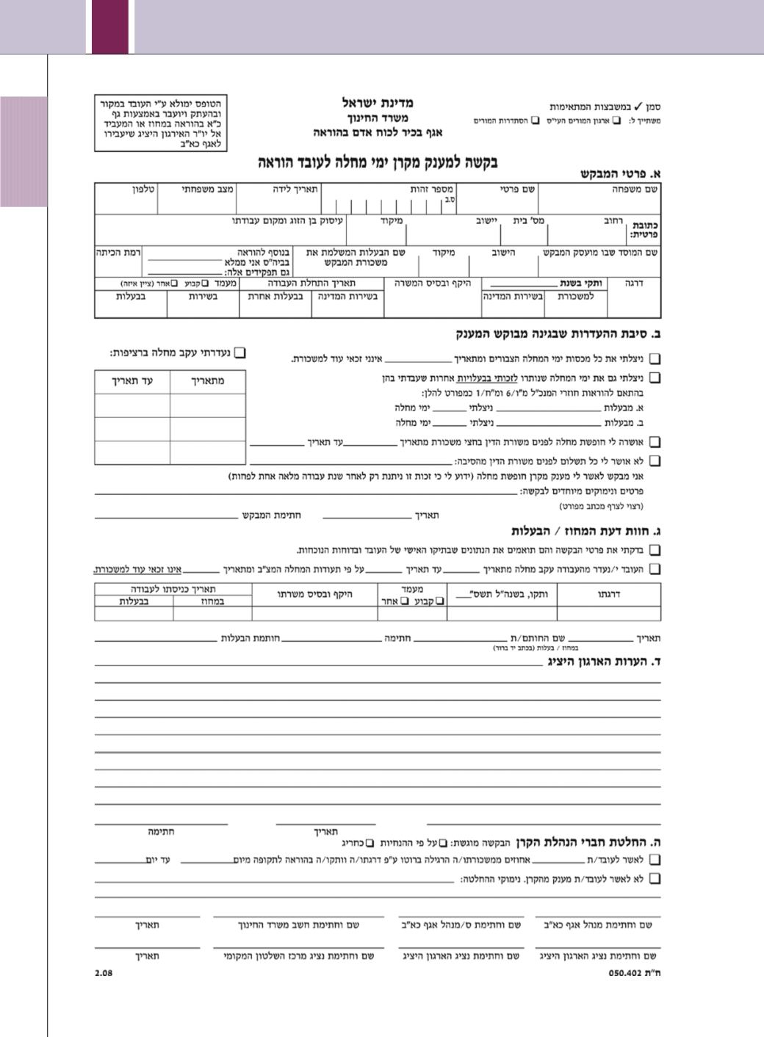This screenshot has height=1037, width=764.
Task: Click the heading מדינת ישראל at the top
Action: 378,103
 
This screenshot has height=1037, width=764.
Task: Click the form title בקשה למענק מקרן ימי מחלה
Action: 377,162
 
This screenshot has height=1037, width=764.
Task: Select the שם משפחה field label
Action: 636,189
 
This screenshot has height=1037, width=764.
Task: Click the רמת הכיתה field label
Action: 118,252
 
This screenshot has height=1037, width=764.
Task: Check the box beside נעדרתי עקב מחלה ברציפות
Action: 239,353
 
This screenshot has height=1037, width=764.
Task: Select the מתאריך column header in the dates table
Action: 207,381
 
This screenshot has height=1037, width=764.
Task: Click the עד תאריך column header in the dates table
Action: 132,381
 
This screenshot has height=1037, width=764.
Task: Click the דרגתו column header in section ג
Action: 609,594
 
